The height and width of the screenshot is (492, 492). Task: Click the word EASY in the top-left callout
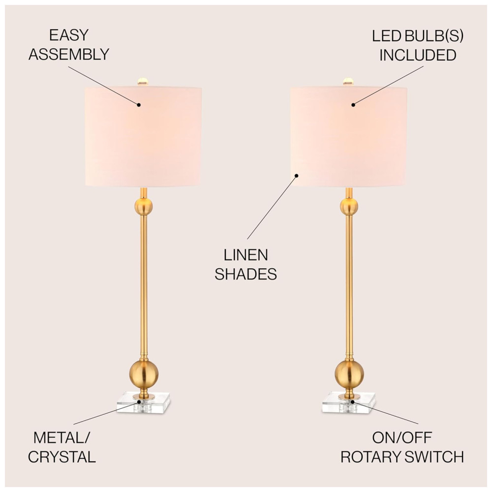68,35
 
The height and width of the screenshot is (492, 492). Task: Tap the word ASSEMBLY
68,54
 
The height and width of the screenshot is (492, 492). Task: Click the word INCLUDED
417,55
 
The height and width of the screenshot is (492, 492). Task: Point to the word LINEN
246,255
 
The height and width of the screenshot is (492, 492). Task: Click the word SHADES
246,274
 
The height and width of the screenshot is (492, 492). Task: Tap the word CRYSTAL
62,457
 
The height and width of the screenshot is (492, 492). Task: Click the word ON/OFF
402,437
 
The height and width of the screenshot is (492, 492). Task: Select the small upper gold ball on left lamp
143,207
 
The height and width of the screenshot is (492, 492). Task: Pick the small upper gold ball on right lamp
349,207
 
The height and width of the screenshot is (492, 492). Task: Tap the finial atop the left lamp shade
143,80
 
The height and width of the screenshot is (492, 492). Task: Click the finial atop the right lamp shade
348,80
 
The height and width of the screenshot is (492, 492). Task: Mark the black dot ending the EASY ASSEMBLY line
139,104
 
